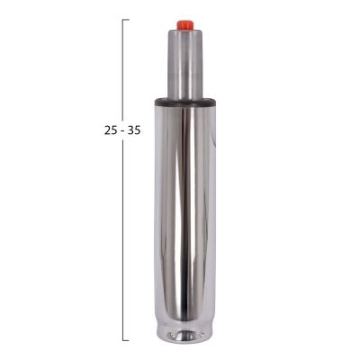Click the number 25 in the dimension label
111,130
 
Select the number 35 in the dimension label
133,130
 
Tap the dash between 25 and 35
122,130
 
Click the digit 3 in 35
130,130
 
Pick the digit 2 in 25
107,130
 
